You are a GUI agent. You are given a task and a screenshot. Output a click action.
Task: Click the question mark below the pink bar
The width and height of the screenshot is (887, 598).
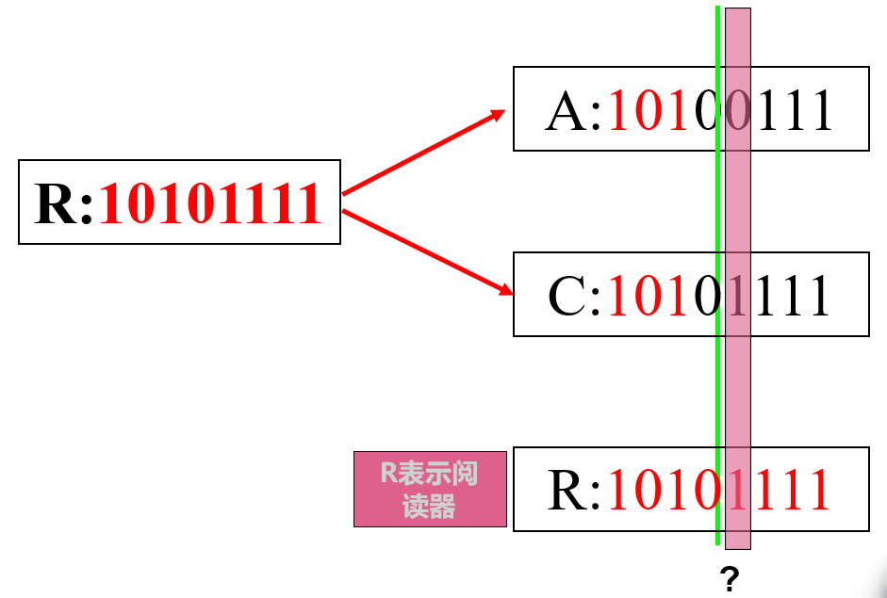coord(728,576)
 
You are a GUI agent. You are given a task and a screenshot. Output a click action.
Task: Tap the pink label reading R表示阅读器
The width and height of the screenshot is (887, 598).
coord(430,489)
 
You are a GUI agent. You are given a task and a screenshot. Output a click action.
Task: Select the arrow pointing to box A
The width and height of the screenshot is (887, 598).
coord(424,153)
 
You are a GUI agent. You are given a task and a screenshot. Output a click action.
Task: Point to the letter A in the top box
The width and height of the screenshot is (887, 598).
coord(566,111)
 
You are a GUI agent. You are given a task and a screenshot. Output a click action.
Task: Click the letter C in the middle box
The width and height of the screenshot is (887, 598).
coord(567,296)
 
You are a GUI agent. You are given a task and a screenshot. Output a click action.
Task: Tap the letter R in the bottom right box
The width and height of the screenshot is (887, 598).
coord(567,490)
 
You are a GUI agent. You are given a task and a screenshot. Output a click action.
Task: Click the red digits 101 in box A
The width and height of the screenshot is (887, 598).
coord(650,111)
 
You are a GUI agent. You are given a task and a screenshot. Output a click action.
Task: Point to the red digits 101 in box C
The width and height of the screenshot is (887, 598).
coord(650,296)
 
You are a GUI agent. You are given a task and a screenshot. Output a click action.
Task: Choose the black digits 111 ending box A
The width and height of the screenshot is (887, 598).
coord(796,111)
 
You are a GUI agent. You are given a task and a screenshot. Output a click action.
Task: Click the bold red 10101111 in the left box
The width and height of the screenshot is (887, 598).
coord(211,204)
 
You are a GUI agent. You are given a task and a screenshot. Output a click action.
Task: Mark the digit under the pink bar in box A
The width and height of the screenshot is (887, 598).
coord(738,111)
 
